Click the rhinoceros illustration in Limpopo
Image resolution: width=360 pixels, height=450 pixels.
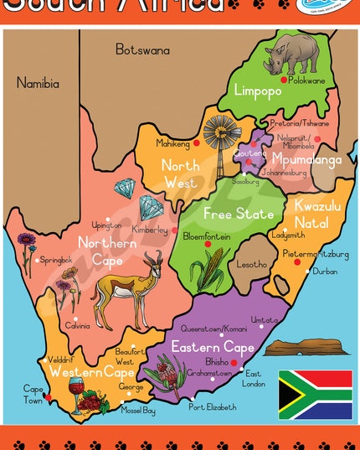(x=291, y=54)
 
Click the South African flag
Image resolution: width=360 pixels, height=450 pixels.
(x=315, y=394)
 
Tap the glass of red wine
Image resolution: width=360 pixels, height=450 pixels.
(x=76, y=394)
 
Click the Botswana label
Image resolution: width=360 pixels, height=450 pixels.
(x=142, y=49)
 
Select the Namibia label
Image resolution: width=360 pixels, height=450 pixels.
(x=38, y=83)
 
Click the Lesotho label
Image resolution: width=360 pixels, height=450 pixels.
(x=251, y=265)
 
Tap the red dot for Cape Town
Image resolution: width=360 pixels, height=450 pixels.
(x=48, y=397)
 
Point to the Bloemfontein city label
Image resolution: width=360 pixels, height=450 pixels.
(x=207, y=237)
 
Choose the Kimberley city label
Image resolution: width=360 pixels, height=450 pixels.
(x=151, y=229)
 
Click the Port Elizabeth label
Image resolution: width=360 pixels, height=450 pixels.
(x=213, y=407)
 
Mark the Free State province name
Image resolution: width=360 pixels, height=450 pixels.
(x=238, y=215)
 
